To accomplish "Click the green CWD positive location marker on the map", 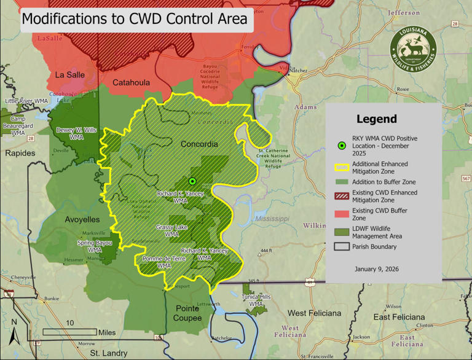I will pyautogui.click(x=192, y=181).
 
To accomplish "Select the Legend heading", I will pyautogui.click(x=376, y=119).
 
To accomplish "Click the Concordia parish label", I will pyautogui.click(x=199, y=144).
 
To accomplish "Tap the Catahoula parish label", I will pyautogui.click(x=132, y=82).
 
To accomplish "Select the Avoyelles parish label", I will pyautogui.click(x=82, y=219).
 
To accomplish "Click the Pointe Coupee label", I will pyautogui.click(x=187, y=313).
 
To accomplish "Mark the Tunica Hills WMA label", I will pyautogui.click(x=256, y=300).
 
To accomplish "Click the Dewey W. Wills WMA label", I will pyautogui.click(x=76, y=133).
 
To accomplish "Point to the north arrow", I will pyautogui.click(x=14, y=332).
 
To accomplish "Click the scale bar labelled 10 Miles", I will pyautogui.click(x=70, y=332).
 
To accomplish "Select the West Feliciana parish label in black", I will pyautogui.click(x=314, y=313).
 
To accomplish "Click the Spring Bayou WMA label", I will pyautogui.click(x=95, y=246).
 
